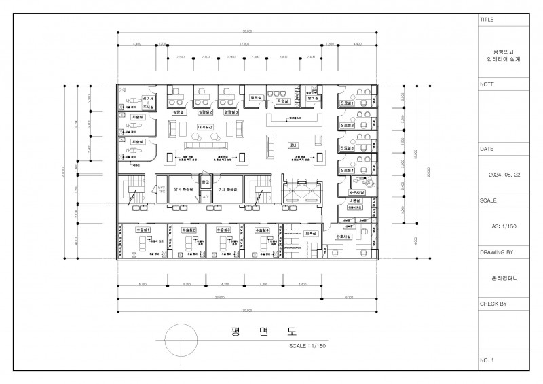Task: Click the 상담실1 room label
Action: [179, 111]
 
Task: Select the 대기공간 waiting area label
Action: [206, 126]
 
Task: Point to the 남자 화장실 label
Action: [183, 190]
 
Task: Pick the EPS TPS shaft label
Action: [162, 190]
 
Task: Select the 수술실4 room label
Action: [261, 230]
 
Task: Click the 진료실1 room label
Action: [347, 103]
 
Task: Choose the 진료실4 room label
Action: [347, 170]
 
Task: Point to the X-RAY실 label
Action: [357, 192]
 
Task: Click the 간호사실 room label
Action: [343, 236]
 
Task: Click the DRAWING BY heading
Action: [496, 251]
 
